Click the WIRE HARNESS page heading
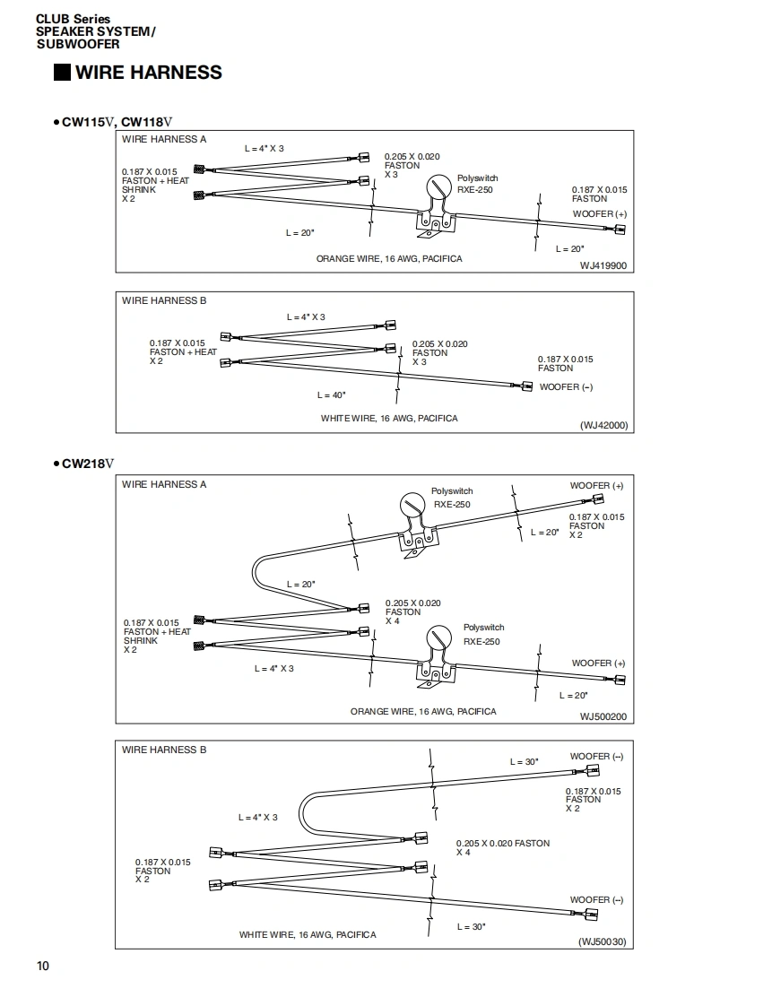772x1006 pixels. point(149,73)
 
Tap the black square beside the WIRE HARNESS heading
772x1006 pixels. point(62,73)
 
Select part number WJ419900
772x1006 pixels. point(603,265)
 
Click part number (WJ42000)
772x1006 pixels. point(603,426)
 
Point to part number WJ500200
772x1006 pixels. point(603,716)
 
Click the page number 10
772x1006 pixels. point(43,966)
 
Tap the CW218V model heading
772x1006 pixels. point(89,464)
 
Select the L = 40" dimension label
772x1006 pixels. point(331,395)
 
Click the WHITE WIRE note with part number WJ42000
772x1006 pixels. point(389,419)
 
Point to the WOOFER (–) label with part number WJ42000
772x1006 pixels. point(566,387)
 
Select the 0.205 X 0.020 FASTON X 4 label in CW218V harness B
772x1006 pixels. point(502,847)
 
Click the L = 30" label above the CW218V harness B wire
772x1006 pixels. point(524,762)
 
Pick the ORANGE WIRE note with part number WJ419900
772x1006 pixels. point(389,259)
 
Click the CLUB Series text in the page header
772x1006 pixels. point(74,19)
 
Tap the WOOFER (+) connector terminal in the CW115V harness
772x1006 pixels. point(619,230)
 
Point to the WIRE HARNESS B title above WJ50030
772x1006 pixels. point(164,750)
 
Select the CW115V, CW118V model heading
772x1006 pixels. point(117,121)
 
